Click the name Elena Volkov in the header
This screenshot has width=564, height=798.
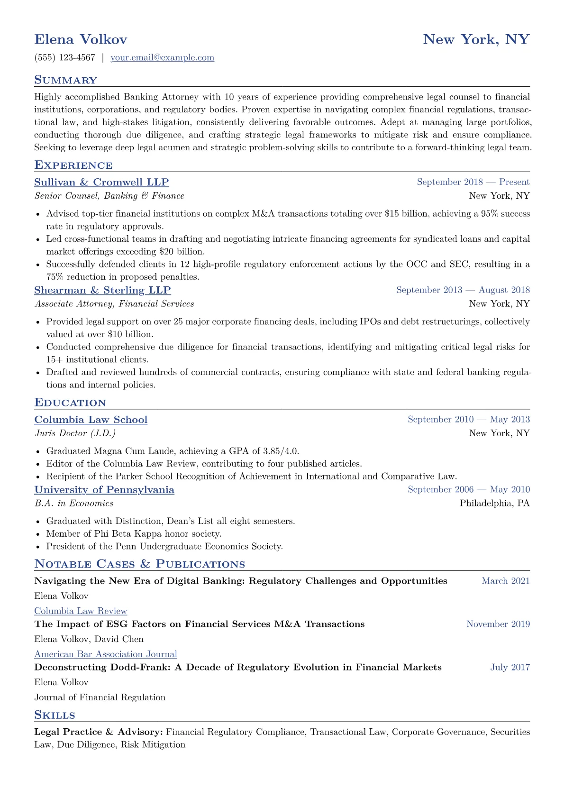81,39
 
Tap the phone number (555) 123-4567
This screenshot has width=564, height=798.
65,58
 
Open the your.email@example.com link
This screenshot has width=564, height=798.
162,58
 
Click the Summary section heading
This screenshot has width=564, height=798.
65,80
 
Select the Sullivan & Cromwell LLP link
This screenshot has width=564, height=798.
101,183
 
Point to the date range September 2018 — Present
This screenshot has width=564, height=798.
473,182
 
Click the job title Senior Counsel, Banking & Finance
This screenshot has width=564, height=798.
109,196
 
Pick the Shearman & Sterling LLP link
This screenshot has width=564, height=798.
102,290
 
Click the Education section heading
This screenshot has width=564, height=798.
70,403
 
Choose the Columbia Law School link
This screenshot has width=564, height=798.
91,420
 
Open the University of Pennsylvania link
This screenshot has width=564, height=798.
104,490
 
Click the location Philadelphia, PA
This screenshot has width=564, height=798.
494,503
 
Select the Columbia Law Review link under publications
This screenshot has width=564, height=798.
81,611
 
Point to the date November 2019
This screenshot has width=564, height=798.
498,624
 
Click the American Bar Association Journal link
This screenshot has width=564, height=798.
106,654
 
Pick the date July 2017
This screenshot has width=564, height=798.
509,667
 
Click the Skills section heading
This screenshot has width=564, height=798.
55,715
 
